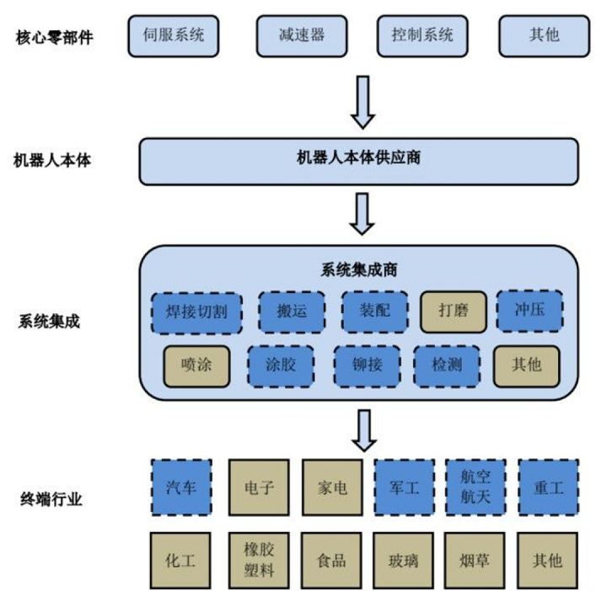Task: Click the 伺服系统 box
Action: point(175,35)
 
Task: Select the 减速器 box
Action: point(301,35)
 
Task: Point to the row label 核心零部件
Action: point(54,36)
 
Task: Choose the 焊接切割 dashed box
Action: point(196,311)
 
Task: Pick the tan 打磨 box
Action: point(452,311)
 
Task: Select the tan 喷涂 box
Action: point(196,365)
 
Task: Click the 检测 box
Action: point(447,365)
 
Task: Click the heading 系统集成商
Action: point(359,269)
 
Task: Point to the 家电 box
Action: point(332,487)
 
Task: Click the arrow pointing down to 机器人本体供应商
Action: point(363,102)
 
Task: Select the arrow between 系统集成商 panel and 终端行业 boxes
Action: point(363,430)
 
